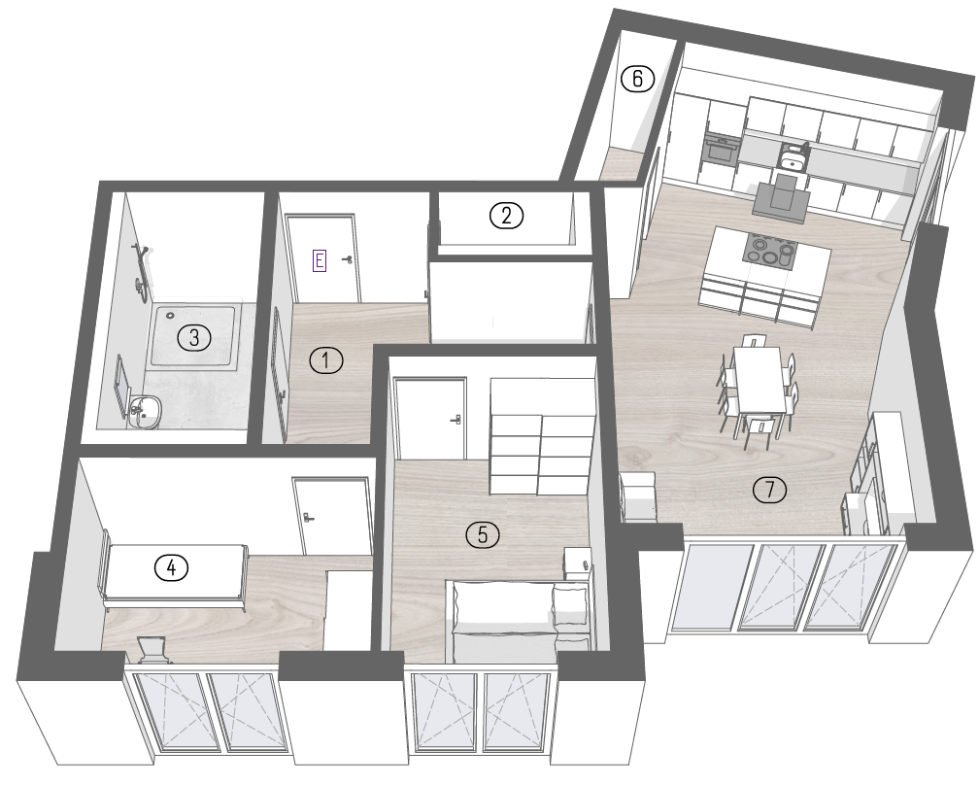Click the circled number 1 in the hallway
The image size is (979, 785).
click(326, 360)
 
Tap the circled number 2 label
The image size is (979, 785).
click(506, 216)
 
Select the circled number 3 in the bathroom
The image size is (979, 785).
click(195, 338)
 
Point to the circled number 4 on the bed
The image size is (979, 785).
click(172, 567)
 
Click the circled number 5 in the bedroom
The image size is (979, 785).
click(483, 534)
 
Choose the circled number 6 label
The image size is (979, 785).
click(637, 79)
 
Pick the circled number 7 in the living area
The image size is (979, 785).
click(770, 489)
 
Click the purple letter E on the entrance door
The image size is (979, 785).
click(319, 259)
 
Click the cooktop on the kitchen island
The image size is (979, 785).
click(770, 250)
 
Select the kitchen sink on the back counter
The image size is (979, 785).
click(793, 163)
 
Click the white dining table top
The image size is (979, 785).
click(760, 379)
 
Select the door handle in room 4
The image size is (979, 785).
click(308, 517)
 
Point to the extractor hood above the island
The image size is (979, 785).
click(781, 195)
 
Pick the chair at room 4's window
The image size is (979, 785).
click(152, 650)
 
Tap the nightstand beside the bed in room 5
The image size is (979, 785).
click(578, 563)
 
